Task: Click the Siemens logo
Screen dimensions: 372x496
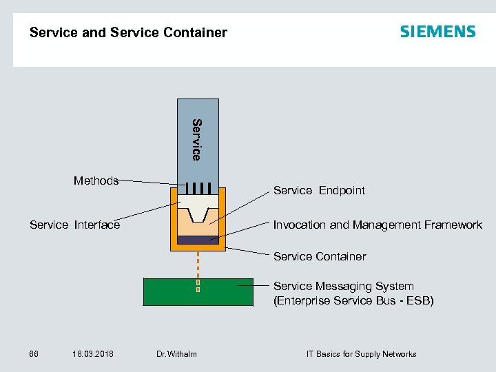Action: [437, 32]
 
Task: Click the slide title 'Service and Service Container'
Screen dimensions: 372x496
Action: [128, 32]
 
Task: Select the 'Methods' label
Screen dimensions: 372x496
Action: [96, 180]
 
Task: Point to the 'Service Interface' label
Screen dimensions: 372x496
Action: [74, 225]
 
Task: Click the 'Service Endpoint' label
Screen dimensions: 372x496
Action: [319, 190]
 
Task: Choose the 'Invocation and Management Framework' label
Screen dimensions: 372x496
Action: [378, 225]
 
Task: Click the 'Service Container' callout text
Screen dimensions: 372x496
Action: [320, 256]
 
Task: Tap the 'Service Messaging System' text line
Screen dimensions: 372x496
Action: [343, 286]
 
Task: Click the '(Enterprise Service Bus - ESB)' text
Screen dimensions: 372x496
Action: [353, 300]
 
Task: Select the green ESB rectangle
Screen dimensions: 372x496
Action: [172, 291]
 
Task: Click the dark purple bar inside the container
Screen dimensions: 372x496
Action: [198, 240]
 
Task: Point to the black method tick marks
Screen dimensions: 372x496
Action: [198, 188]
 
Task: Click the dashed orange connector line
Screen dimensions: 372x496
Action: [198, 264]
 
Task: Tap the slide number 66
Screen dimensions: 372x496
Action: [34, 354]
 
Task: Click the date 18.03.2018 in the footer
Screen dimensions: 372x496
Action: [92, 354]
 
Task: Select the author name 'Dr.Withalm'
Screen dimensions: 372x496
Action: [176, 354]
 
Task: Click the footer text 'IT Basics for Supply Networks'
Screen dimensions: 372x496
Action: [361, 354]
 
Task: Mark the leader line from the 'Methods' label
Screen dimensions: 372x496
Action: [148, 182]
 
